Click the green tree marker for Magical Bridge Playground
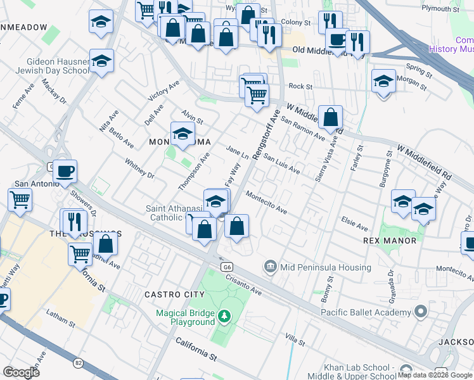(x=223, y=315)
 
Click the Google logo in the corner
(x=21, y=372)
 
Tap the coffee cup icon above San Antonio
(x=64, y=170)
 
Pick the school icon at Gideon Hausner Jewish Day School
(x=101, y=61)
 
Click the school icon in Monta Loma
(x=183, y=134)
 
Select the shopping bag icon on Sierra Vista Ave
(x=330, y=117)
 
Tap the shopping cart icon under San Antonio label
(x=20, y=199)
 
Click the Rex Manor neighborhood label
(x=390, y=241)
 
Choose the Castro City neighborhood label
(x=174, y=294)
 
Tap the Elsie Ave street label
(x=354, y=225)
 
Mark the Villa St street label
(x=295, y=340)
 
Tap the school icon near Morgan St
(x=383, y=82)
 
